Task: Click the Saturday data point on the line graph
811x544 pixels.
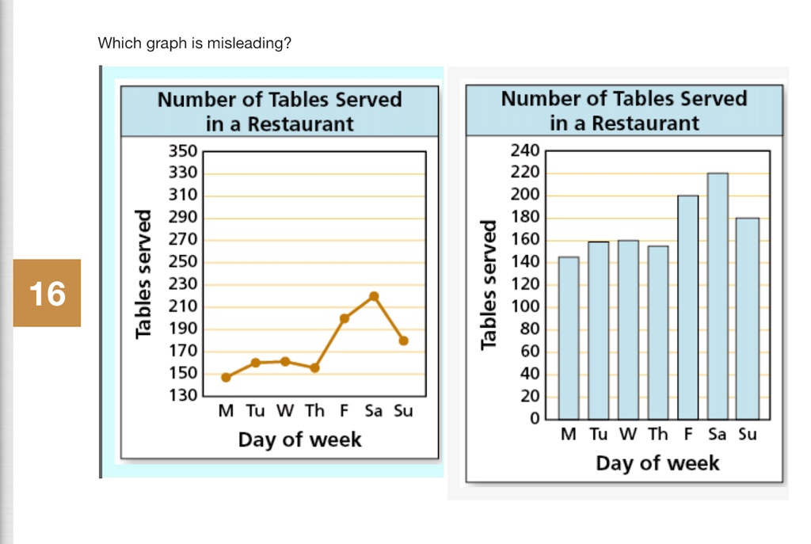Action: tap(374, 296)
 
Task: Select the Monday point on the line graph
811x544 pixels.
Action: tap(226, 378)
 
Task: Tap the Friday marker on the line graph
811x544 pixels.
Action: tap(345, 318)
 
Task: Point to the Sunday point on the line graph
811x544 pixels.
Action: tap(403, 340)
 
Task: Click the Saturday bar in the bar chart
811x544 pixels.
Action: tap(718, 296)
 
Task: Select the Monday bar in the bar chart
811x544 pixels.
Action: tap(569, 337)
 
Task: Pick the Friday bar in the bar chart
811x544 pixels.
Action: tap(688, 307)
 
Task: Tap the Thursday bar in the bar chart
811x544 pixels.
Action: tap(658, 333)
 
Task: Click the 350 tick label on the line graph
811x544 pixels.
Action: tap(183, 151)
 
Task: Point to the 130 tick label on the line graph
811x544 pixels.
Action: tap(183, 395)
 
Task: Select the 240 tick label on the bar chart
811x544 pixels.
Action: tap(526, 150)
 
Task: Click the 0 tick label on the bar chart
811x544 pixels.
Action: tap(535, 418)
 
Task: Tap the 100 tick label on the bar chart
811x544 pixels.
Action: tap(526, 306)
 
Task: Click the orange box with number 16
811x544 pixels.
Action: tap(47, 293)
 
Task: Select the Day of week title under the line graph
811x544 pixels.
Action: tap(300, 439)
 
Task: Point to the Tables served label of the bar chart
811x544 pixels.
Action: tap(488, 285)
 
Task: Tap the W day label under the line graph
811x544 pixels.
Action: tap(285, 411)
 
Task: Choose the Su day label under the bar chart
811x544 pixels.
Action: tap(748, 434)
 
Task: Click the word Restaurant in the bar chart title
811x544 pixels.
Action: tap(645, 124)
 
